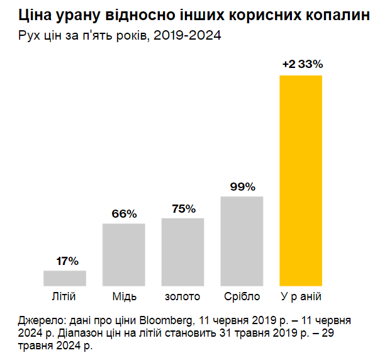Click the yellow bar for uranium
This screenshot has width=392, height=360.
pyautogui.click(x=301, y=181)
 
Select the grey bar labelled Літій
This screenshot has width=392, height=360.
pyautogui.click(x=65, y=278)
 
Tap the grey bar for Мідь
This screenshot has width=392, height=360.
pyautogui.click(x=124, y=255)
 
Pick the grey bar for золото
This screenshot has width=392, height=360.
pyautogui.click(x=183, y=252)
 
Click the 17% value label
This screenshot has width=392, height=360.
pyautogui.click(x=65, y=261)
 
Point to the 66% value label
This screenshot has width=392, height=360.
pyautogui.click(x=124, y=213)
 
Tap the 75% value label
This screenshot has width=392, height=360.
pyautogui.click(x=183, y=208)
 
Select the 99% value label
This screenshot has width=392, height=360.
pyautogui.click(x=242, y=187)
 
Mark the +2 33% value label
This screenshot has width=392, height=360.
pyautogui.click(x=302, y=64)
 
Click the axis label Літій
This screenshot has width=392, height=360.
pyautogui.click(x=65, y=296)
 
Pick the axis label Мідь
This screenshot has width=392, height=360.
pyautogui.click(x=124, y=296)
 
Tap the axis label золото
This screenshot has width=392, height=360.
pyautogui.click(x=183, y=296)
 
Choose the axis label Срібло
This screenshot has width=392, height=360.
pyautogui.click(x=242, y=296)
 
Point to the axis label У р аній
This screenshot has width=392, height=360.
pyautogui.click(x=301, y=296)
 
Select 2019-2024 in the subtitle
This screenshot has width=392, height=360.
pyautogui.click(x=188, y=35)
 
